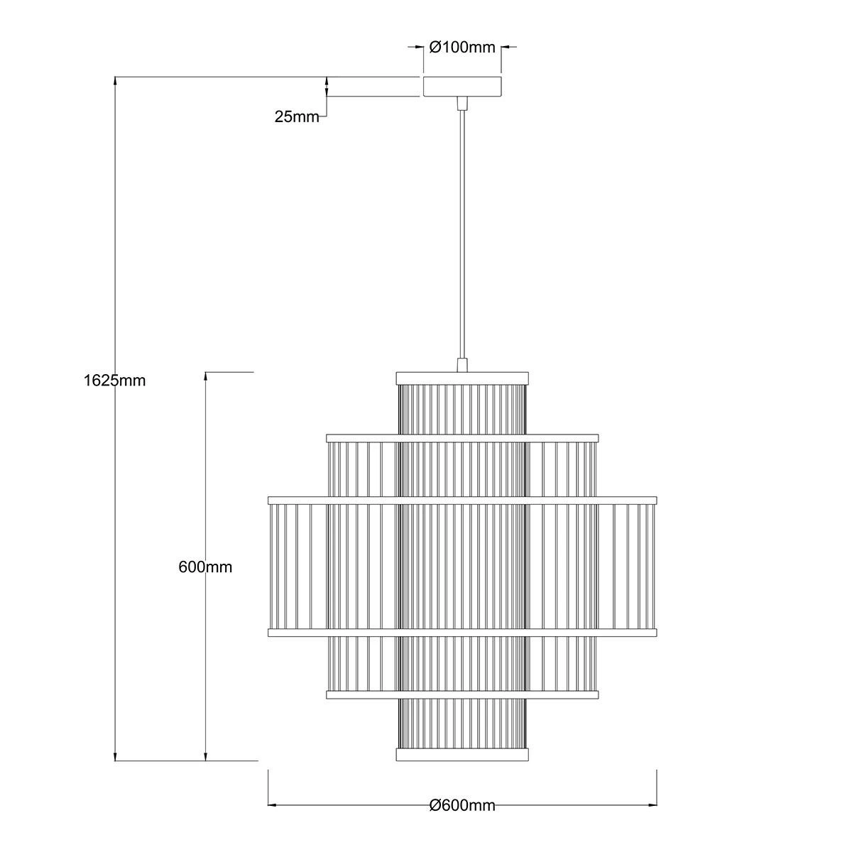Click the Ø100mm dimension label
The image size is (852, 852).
[462, 48]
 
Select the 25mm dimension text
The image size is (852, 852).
[297, 117]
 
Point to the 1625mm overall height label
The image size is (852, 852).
[114, 380]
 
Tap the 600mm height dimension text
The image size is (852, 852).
[205, 567]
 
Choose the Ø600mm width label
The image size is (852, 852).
[462, 805]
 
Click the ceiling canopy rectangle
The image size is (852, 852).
[462, 87]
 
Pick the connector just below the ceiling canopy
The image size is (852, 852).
[462, 104]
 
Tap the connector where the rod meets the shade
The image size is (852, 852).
[462, 365]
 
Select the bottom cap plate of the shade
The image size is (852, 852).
[462, 754]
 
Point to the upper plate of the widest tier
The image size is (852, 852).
[462, 500]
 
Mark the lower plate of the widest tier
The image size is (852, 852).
[462, 631]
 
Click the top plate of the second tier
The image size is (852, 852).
[462, 437]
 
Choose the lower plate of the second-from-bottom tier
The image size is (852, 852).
[462, 694]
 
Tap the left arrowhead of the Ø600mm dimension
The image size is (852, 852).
[272, 805]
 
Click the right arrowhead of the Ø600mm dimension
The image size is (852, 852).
[652, 805]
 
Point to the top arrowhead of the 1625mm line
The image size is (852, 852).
[116, 81]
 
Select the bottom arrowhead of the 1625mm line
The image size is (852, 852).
[116, 757]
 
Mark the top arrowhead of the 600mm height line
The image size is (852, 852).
[206, 376]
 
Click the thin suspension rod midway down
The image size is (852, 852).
[462, 234]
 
